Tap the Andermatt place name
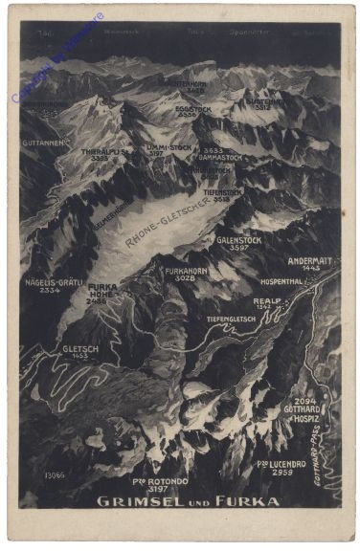(310, 258)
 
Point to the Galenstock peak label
(238, 240)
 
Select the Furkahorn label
(187, 271)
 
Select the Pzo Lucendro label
(281, 464)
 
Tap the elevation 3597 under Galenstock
(239, 248)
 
